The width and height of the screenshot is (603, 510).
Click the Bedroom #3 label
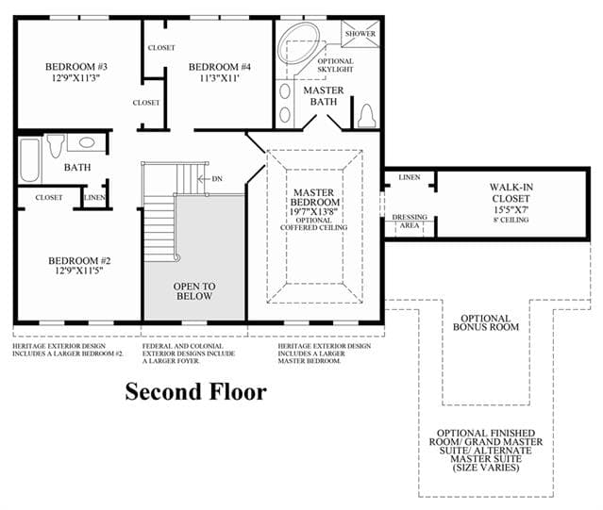tap(76, 67)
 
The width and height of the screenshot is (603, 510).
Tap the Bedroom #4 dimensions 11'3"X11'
tap(220, 78)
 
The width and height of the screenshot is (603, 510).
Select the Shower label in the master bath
tap(360, 33)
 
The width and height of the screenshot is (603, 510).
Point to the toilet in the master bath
tap(367, 116)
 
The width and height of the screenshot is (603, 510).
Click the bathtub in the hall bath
tap(29, 160)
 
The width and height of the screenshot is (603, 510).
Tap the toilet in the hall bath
tap(56, 145)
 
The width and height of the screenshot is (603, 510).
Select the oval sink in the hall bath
tap(87, 142)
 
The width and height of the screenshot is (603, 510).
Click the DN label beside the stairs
tap(217, 179)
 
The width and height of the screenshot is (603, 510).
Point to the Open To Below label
tap(194, 291)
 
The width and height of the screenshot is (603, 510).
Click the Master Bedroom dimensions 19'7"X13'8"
tap(314, 211)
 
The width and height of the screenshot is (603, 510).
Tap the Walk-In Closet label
tap(511, 193)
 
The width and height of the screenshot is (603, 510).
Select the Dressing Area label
tap(410, 222)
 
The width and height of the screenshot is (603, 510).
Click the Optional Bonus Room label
tap(486, 322)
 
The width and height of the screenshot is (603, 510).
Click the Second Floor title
tap(195, 392)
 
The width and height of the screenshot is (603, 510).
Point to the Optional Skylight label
tap(335, 65)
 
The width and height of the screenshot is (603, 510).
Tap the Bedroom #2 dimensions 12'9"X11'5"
tap(79, 271)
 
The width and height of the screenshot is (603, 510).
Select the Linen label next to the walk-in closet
tap(410, 177)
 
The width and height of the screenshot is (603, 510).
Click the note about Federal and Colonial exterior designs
tap(189, 354)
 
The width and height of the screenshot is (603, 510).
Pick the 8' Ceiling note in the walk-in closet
tap(511, 220)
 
